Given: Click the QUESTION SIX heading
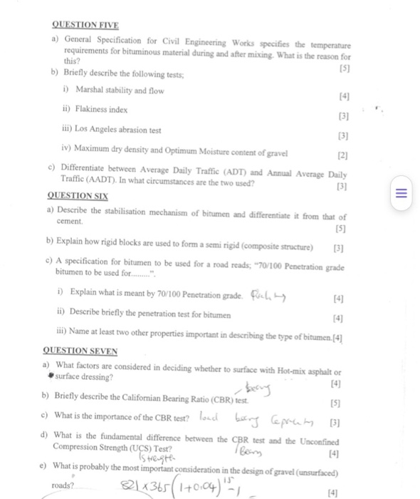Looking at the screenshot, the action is pos(73,195).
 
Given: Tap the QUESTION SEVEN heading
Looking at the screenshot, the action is pos(80,350).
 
